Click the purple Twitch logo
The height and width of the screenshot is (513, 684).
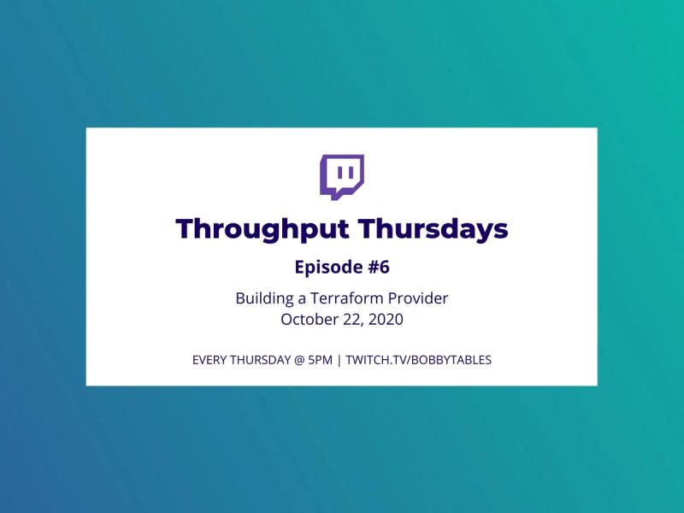tap(342, 177)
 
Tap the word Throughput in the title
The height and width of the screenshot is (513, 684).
tap(262, 229)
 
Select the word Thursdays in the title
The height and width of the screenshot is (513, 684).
tap(433, 228)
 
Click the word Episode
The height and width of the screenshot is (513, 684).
tap(328, 268)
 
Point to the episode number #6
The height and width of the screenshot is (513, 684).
tap(379, 267)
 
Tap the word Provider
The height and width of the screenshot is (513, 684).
tap(418, 298)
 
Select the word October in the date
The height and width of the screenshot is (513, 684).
tap(310, 319)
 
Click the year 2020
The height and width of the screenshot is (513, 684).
tap(386, 319)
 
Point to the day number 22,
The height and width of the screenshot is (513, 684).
tap(353, 320)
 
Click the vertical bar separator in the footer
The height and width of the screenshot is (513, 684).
tap(339, 361)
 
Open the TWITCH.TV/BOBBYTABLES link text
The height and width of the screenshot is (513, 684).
tap(419, 360)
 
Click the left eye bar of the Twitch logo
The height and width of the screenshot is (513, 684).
tap(340, 174)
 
